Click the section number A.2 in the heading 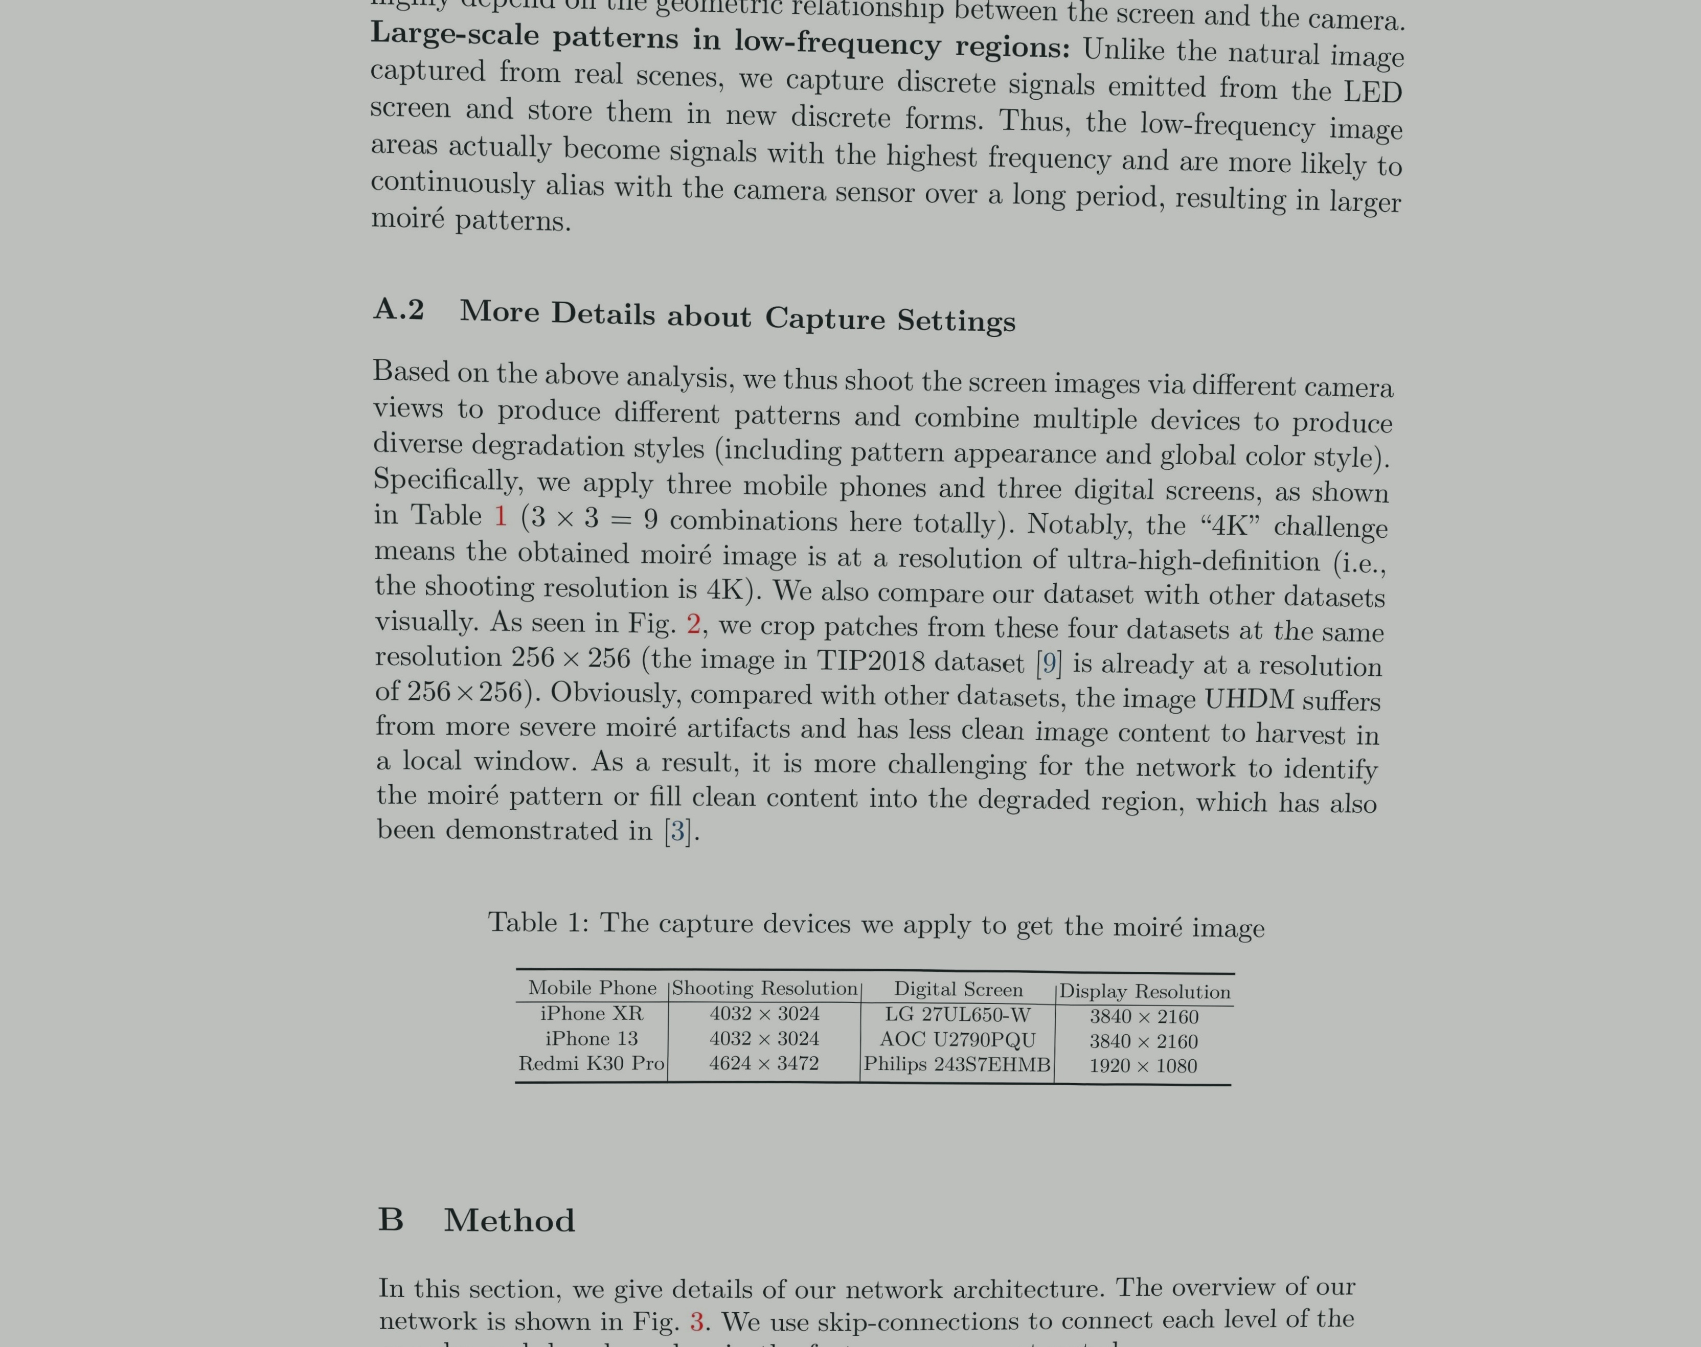click(x=398, y=310)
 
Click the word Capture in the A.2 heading click(x=825, y=318)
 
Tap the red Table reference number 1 click(x=500, y=516)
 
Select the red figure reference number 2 click(x=693, y=624)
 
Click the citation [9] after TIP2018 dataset click(x=1049, y=663)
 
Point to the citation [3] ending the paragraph click(x=677, y=831)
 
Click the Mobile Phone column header click(x=592, y=988)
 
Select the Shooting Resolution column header click(x=764, y=988)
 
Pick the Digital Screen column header click(x=958, y=990)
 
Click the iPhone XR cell click(x=592, y=1013)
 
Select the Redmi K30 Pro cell click(x=592, y=1063)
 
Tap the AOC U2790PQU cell click(x=957, y=1039)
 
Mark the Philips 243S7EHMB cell click(x=957, y=1065)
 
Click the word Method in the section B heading click(x=509, y=1220)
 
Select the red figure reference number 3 click(x=696, y=1321)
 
